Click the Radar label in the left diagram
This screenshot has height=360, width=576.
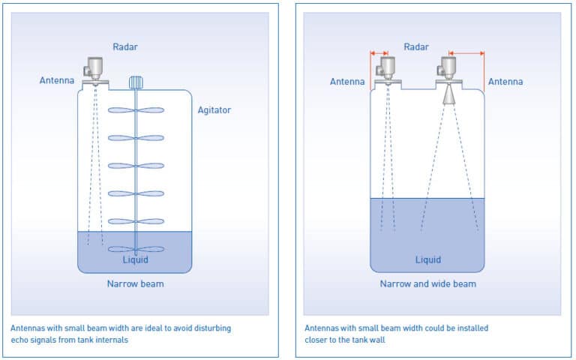[124, 46]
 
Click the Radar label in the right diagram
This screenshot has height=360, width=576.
[416, 46]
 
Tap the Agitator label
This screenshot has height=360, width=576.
[214, 110]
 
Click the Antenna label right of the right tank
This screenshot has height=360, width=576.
[505, 81]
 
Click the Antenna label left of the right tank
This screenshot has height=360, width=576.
[346, 81]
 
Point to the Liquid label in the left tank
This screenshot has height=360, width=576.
[136, 260]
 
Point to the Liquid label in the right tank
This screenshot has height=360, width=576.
[428, 260]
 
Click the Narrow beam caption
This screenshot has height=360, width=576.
[136, 284]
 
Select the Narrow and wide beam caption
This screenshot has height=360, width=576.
[427, 284]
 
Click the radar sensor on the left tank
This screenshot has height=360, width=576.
[94, 68]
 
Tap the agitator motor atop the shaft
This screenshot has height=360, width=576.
[136, 82]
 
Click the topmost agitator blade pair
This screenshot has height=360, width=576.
[136, 110]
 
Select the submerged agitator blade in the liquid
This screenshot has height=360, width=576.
[136, 249]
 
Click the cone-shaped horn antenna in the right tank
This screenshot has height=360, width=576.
[448, 94]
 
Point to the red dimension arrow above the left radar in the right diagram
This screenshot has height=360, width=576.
[379, 52]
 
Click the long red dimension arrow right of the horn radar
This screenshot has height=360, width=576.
[466, 52]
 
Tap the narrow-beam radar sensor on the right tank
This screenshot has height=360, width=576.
[387, 68]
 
